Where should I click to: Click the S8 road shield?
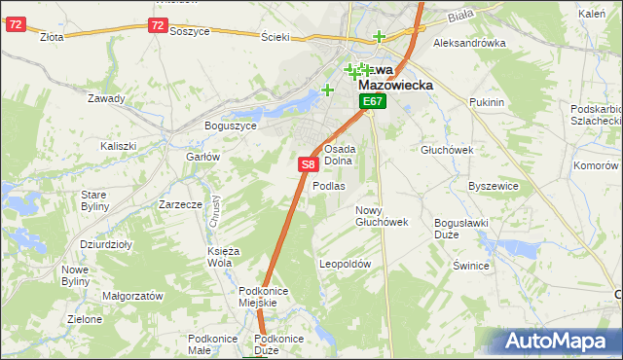coord(307,165)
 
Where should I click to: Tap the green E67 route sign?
coord(373,101)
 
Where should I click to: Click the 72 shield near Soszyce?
coord(159,25)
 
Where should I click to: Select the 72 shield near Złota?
coord(15,25)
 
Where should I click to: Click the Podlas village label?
coord(329,186)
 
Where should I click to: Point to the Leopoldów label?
coord(346,264)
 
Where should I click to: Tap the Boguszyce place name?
coord(231,126)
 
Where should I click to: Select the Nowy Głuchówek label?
coord(381,216)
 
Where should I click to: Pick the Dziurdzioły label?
coord(107,245)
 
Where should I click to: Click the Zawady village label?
coord(106,98)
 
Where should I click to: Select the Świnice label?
coord(471,265)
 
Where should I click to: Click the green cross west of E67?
coord(328,90)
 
